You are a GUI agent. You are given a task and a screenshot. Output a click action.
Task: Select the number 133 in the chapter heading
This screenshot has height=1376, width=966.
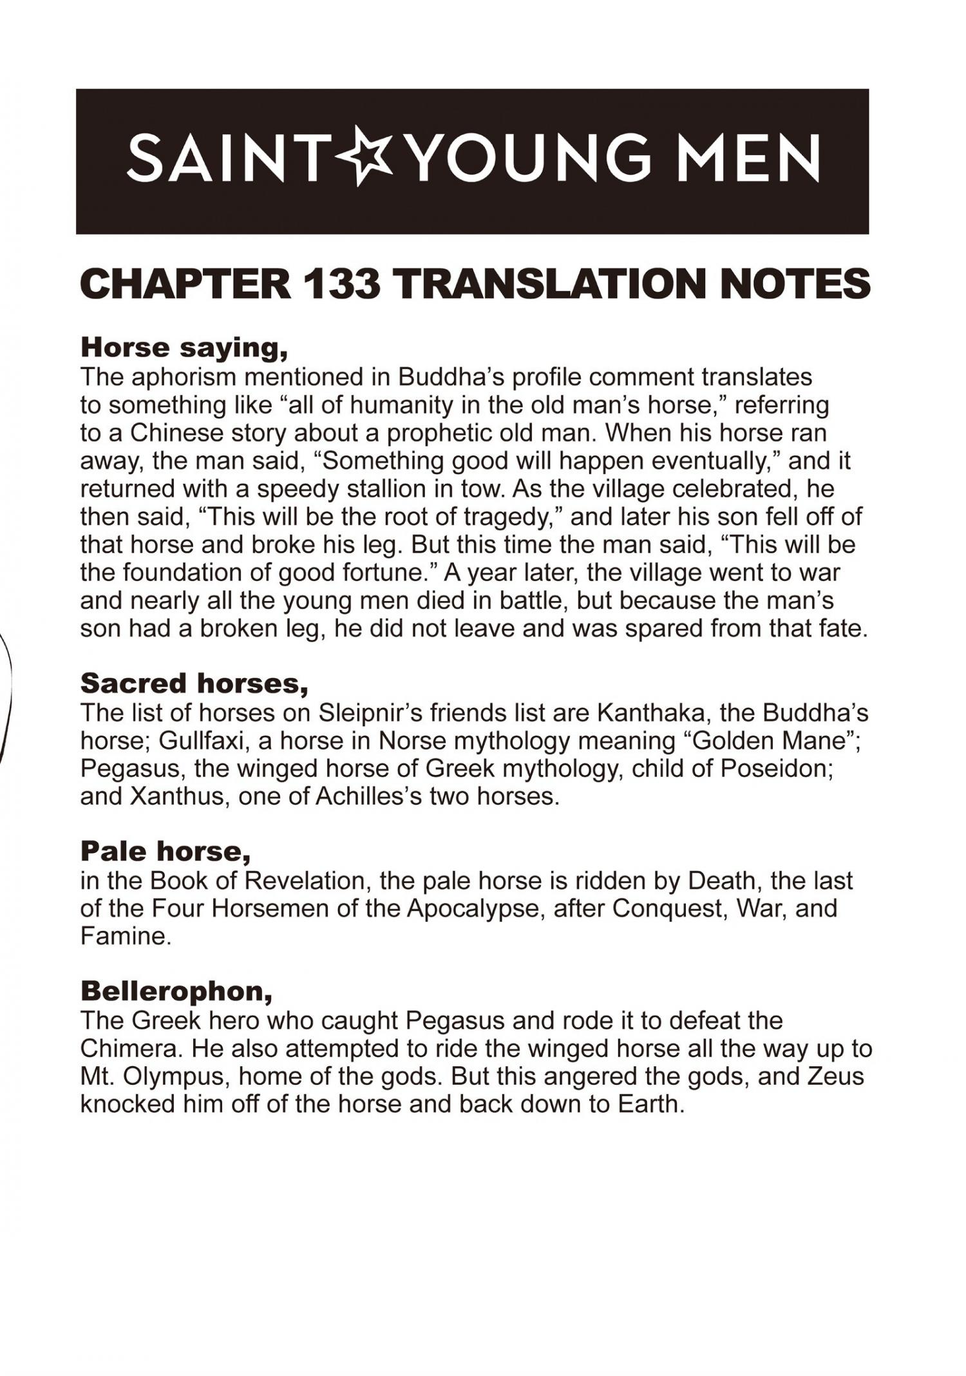(x=341, y=283)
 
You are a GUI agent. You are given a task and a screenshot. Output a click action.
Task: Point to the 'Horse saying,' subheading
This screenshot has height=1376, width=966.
(x=184, y=348)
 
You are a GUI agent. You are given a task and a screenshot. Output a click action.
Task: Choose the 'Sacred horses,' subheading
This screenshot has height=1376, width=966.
(x=194, y=683)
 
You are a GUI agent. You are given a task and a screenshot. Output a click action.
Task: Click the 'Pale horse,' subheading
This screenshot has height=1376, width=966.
(x=166, y=852)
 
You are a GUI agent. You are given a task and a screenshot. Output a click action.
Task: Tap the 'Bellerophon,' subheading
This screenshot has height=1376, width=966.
(x=176, y=991)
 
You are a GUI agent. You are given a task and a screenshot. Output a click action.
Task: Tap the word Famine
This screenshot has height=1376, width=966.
(x=126, y=937)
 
